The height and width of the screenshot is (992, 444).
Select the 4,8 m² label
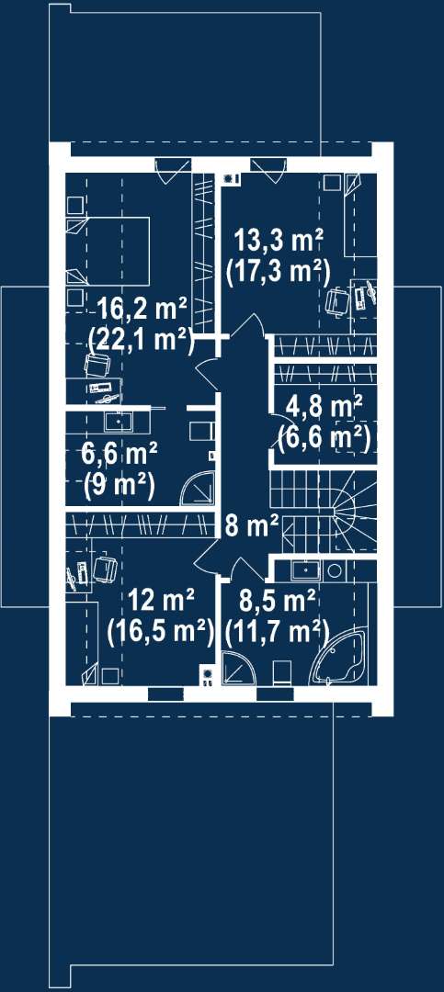click(324, 404)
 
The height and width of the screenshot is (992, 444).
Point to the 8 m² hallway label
click(252, 525)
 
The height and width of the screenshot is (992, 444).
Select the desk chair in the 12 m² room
click(105, 569)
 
